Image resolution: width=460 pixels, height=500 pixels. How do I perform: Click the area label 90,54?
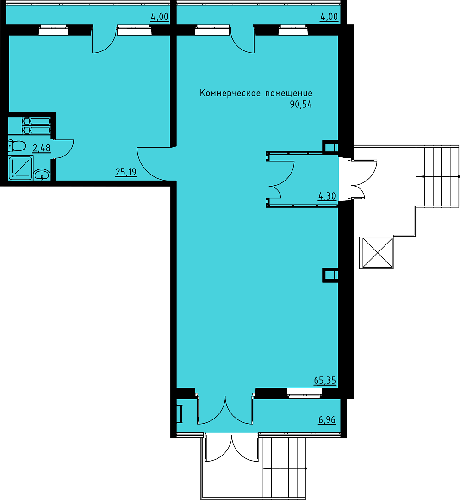click(x=301, y=105)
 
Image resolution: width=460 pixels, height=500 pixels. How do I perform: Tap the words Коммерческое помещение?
click(x=256, y=94)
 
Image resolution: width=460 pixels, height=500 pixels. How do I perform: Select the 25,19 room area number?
click(x=126, y=172)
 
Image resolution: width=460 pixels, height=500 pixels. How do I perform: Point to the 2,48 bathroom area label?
click(x=42, y=148)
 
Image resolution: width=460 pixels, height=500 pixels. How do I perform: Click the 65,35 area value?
click(x=325, y=381)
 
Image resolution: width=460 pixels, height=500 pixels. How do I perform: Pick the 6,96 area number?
click(x=327, y=420)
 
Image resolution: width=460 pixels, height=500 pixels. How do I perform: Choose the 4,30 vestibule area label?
click(x=327, y=196)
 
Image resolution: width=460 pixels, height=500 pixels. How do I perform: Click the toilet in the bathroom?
click(x=17, y=146)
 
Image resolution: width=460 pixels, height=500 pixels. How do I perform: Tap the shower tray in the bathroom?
click(x=20, y=168)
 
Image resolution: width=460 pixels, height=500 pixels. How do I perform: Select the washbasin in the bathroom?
click(x=42, y=175)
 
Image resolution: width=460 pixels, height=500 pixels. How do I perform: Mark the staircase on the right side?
click(x=437, y=176)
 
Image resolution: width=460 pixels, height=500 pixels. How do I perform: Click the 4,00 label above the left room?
click(x=159, y=17)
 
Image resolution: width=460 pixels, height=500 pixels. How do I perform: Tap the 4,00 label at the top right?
click(x=329, y=17)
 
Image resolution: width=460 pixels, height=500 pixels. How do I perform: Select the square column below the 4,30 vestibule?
click(x=330, y=275)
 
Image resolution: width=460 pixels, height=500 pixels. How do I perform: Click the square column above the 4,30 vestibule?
click(x=330, y=148)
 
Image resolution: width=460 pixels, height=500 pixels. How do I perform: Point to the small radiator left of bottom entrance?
click(x=180, y=413)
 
